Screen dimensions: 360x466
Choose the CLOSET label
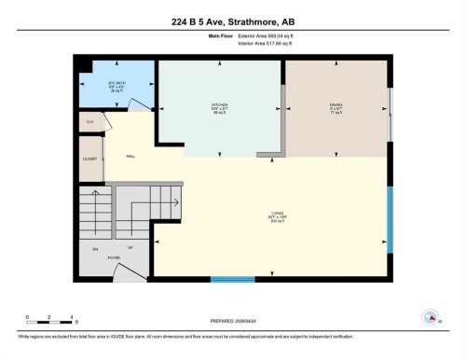(x=89, y=159)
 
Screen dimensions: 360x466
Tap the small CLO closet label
(x=90, y=122)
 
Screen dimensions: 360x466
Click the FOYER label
(x=114, y=258)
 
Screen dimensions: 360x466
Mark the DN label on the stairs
(x=95, y=249)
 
